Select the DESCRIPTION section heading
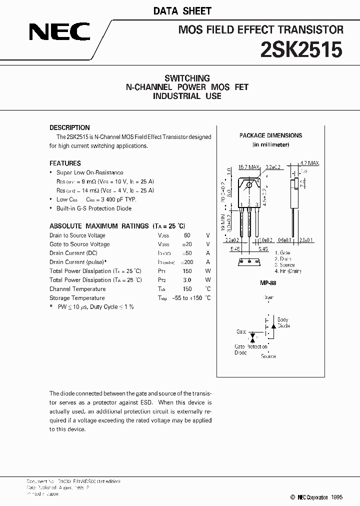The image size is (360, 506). click(x=69, y=127)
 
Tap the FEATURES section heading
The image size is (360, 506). click(x=65, y=163)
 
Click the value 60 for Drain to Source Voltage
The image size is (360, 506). click(x=187, y=235)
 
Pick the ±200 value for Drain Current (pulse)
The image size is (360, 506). click(x=186, y=262)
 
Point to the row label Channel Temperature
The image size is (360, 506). click(x=77, y=289)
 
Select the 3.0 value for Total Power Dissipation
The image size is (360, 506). click(x=187, y=280)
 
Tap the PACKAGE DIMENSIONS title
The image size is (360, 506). click(x=270, y=135)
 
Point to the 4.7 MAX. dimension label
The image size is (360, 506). click(x=309, y=163)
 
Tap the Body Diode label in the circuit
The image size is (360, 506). click(x=282, y=322)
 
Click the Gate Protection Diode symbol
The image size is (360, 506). click(x=252, y=335)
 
